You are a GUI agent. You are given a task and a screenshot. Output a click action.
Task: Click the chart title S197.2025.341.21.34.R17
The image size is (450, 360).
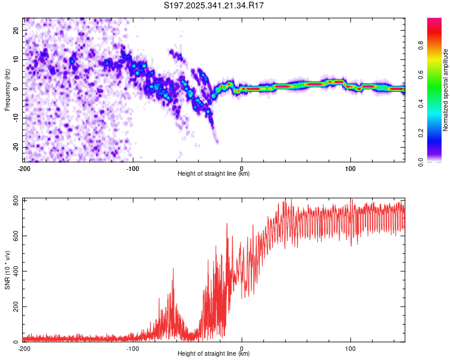214,6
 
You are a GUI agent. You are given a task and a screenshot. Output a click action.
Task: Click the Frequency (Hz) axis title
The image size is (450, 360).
8,89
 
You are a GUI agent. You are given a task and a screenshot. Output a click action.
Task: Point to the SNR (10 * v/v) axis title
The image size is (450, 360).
8,270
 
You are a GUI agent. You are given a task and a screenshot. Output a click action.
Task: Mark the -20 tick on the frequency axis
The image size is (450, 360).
16,147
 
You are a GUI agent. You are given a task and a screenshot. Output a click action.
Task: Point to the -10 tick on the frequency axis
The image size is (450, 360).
16,118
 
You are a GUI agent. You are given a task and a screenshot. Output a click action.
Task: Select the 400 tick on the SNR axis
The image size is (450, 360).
14,271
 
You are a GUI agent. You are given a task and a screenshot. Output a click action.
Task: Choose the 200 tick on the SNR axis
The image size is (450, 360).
14,307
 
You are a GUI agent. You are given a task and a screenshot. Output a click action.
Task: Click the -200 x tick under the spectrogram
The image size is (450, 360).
24,167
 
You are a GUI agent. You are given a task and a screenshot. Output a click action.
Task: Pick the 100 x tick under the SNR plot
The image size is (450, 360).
350,348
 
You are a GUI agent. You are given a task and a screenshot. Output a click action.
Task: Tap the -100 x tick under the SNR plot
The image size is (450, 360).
133,348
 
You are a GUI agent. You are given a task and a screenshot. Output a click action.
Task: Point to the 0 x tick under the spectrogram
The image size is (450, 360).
242,167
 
